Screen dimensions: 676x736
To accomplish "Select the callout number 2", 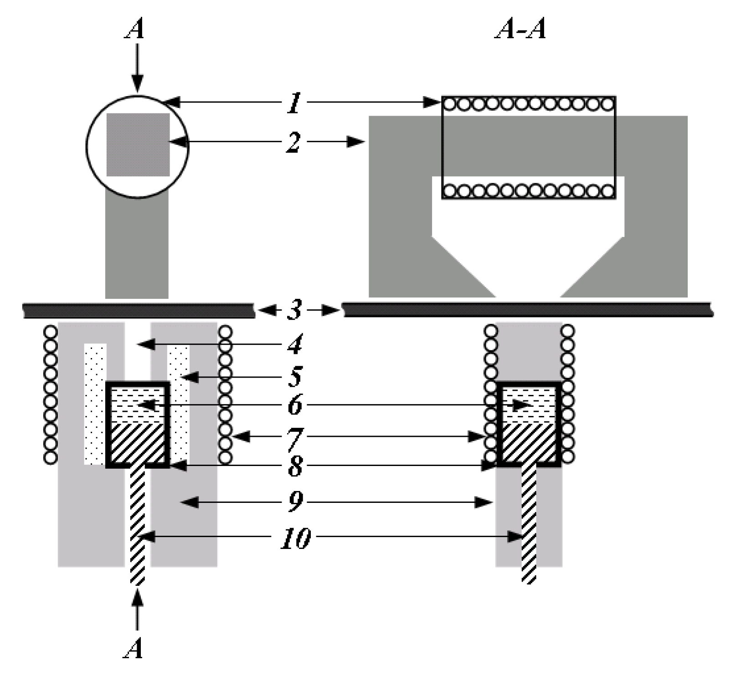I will point(294,143).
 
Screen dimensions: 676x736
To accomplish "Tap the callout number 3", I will point(295,311).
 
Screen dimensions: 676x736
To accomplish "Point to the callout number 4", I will point(295,345).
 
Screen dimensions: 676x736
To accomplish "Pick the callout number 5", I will point(295,377).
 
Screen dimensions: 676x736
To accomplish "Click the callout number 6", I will point(295,405).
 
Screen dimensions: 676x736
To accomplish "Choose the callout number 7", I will point(295,438).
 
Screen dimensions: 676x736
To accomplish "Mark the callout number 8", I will point(295,467).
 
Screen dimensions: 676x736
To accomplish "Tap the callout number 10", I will point(296,538).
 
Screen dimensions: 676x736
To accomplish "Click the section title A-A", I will point(520,30).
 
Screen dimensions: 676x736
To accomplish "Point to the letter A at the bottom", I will point(134,648).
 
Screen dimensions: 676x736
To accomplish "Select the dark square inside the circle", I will point(138,145).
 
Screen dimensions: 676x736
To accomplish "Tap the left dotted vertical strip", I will point(95,404).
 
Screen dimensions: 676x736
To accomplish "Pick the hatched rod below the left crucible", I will point(138,524).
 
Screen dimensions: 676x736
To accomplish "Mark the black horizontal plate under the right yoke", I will point(527,309).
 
